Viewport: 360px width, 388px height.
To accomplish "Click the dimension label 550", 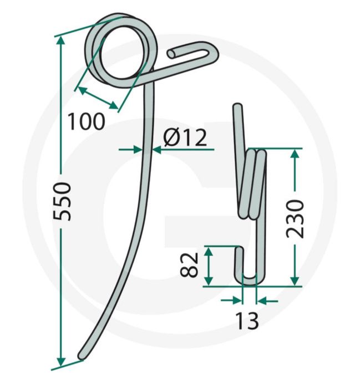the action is [x=62, y=201].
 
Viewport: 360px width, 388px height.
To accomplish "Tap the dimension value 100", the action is [x=86, y=121].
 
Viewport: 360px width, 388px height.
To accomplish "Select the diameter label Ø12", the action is [x=185, y=137].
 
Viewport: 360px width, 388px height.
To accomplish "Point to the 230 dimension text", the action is [x=295, y=219].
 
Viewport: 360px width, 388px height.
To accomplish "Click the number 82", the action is [x=189, y=264].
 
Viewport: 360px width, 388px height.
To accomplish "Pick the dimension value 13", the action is [x=247, y=320].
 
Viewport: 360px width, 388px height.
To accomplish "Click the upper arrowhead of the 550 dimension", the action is [x=60, y=42].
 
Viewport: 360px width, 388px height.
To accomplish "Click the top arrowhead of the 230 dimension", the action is [x=295, y=155].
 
